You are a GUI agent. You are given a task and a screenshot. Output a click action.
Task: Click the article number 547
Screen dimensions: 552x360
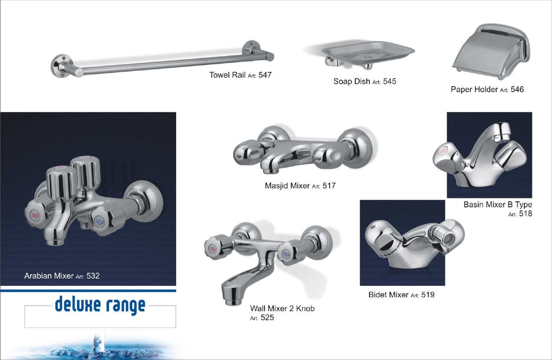[x=265, y=75]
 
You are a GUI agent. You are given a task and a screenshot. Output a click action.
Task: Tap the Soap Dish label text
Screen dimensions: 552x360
[x=352, y=81]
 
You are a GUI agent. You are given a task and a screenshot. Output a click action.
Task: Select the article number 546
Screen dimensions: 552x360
[x=517, y=89]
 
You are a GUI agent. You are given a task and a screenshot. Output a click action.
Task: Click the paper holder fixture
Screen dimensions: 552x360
[x=491, y=51]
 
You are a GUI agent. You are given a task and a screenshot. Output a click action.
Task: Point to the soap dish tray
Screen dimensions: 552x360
[x=368, y=52]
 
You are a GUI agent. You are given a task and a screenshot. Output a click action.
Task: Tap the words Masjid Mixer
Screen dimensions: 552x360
[x=287, y=186]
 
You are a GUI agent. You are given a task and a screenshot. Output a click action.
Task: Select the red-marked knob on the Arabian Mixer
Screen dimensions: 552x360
[x=37, y=214]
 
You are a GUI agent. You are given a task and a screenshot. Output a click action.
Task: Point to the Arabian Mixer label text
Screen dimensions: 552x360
[x=49, y=276]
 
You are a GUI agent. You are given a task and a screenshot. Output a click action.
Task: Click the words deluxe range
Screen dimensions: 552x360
[x=100, y=305]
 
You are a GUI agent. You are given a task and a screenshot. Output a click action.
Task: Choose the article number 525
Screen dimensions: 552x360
[x=267, y=317]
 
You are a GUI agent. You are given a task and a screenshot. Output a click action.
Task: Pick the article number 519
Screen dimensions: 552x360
[x=428, y=295]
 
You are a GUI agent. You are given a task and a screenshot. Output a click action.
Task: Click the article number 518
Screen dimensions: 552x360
[x=526, y=213]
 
